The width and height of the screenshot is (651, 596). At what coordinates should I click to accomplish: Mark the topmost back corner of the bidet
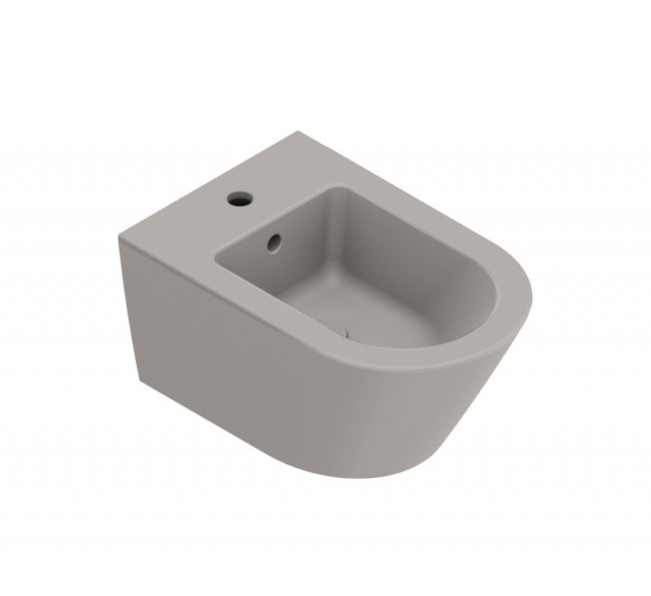point(302,133)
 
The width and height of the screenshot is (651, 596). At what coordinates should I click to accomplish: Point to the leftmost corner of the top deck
point(120,238)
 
